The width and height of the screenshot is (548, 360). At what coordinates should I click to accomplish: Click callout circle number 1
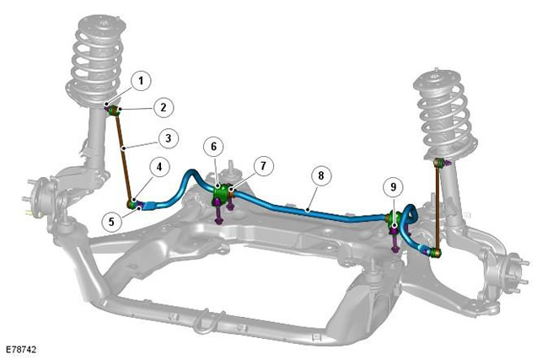pyautogui.click(x=141, y=81)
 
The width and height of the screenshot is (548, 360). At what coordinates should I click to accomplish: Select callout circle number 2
pyautogui.click(x=164, y=107)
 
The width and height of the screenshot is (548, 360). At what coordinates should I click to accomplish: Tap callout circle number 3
pyautogui.click(x=169, y=138)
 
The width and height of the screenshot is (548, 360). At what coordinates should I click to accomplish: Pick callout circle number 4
pyautogui.click(x=159, y=167)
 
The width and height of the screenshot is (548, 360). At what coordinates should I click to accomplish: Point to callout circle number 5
pyautogui.click(x=111, y=221)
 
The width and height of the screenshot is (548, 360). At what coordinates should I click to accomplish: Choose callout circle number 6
pyautogui.click(x=213, y=146)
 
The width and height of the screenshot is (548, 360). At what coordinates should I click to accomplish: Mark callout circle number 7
pyautogui.click(x=263, y=166)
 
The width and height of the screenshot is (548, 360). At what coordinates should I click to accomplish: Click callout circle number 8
pyautogui.click(x=321, y=175)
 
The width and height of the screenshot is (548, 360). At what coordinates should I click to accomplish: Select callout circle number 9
pyautogui.click(x=394, y=187)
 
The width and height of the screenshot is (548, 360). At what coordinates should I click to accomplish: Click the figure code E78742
pyautogui.click(x=21, y=350)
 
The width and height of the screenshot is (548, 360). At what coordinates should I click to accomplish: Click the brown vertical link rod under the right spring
pyautogui.click(x=438, y=207)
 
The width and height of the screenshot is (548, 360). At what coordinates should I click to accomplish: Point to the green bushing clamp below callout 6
pyautogui.click(x=220, y=193)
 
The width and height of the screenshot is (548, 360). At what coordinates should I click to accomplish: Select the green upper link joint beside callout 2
pyautogui.click(x=114, y=111)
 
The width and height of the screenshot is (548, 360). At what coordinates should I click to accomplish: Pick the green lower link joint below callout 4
pyautogui.click(x=132, y=204)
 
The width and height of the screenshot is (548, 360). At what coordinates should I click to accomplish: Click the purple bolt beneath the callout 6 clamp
pyautogui.click(x=218, y=212)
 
